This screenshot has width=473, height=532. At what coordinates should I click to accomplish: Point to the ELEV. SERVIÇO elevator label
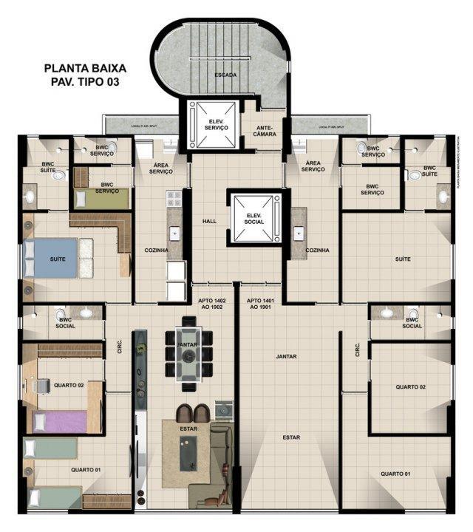click(x=214, y=123)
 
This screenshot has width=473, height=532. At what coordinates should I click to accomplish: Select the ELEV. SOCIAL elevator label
click(x=256, y=217)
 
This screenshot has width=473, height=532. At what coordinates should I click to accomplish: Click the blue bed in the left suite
click(x=50, y=258)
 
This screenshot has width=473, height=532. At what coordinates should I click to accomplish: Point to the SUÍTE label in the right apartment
click(x=403, y=259)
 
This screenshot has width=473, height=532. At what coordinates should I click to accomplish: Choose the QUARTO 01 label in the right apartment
click(x=395, y=474)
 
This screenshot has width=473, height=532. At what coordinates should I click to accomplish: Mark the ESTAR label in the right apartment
click(x=290, y=437)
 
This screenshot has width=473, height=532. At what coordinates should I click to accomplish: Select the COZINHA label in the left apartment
click(x=157, y=250)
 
